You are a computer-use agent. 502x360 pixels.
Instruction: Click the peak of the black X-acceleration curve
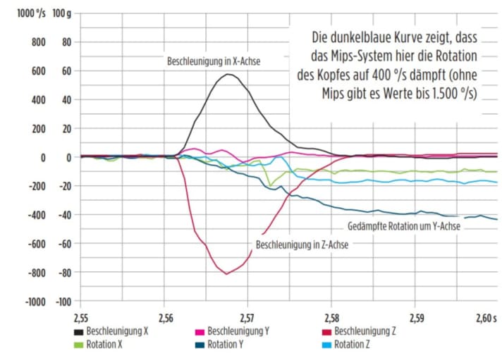click(x=228, y=74)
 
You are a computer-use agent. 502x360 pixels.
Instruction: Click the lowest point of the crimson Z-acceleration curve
click(x=226, y=273)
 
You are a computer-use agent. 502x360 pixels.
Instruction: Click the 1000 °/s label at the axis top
click(x=29, y=13)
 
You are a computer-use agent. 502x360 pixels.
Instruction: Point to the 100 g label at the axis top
click(x=62, y=13)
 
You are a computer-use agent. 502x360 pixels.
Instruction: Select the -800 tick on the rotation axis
click(x=34, y=273)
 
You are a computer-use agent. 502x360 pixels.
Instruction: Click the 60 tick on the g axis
click(x=67, y=71)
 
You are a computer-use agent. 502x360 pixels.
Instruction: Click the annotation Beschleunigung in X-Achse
click(x=214, y=61)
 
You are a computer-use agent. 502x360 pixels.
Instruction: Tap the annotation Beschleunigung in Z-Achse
click(x=302, y=245)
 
